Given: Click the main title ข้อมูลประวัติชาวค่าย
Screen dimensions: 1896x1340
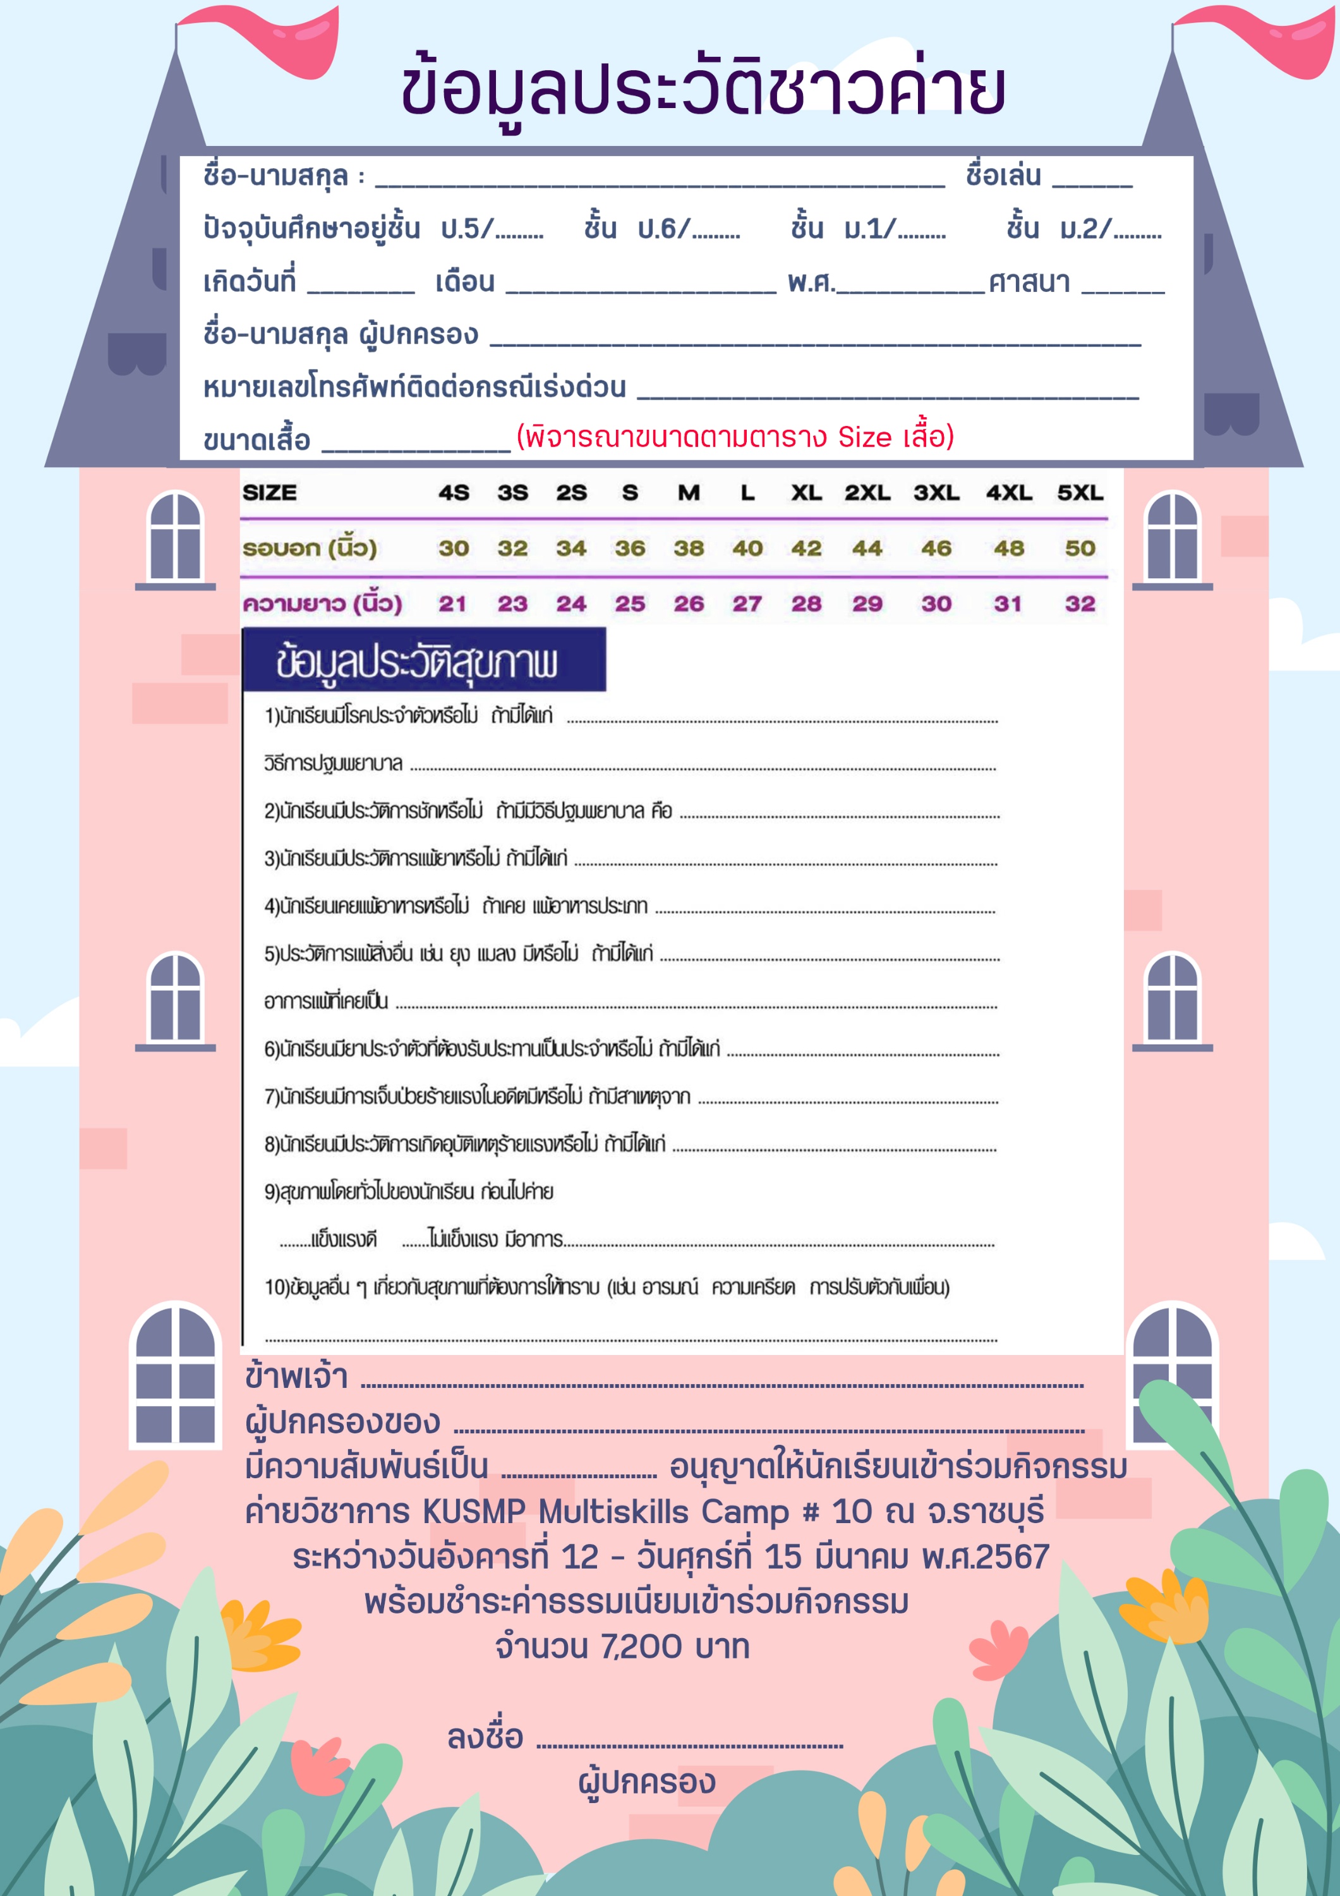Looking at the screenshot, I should pos(703,89).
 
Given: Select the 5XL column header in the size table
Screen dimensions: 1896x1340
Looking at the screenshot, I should pos(1080,493).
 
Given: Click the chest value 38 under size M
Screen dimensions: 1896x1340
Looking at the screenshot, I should pos(689,549).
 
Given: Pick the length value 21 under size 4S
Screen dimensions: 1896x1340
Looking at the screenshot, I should pos(452,604).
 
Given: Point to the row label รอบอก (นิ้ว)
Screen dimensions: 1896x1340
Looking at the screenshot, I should pos(310,549).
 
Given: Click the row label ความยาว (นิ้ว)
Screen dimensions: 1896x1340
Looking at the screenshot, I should pos(322,604).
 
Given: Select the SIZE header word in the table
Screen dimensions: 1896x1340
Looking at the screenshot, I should pos(269,493).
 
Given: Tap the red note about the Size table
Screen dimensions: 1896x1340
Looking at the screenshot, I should pos(735,436).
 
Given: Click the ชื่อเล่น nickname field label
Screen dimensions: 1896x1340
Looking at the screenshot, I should pos(1003,176).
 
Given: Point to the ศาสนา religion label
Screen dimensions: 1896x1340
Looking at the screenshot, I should pos(1029,283).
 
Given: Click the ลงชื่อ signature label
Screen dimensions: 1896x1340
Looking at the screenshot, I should pos(485,1737).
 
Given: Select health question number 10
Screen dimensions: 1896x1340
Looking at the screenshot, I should pos(607,1287).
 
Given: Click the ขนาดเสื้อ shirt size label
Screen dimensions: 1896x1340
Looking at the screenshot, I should pos(257,440).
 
